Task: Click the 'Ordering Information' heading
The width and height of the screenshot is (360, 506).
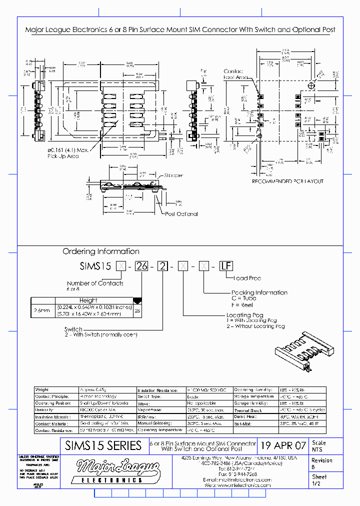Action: (x=100, y=251)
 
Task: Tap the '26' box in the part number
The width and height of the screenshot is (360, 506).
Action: (x=142, y=266)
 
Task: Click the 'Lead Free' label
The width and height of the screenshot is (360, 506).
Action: (x=247, y=278)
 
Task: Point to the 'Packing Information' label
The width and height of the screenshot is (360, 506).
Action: (x=259, y=292)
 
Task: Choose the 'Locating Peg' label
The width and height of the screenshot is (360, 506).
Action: (x=245, y=315)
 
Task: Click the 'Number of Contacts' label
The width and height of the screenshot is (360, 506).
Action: (x=95, y=283)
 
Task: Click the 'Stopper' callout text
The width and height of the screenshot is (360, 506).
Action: (x=173, y=175)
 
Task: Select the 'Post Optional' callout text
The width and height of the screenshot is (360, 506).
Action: (x=181, y=213)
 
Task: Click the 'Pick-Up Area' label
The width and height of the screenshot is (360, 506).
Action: (x=63, y=156)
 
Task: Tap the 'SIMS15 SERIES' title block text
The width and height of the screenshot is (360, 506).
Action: (x=103, y=445)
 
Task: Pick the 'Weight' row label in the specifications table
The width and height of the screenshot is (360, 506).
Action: (x=42, y=389)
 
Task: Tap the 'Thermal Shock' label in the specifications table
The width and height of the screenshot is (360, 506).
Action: (x=248, y=409)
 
